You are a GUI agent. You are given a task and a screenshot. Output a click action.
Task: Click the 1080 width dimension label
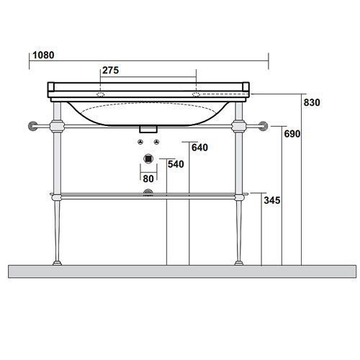pos(43,55)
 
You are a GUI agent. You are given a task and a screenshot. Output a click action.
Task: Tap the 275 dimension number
pos(111,71)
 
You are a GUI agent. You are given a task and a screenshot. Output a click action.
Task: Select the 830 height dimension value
pos(312,102)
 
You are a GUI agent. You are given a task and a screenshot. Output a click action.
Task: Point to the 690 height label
pos(292,134)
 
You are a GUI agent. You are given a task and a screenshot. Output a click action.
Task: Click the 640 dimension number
pos(199,148)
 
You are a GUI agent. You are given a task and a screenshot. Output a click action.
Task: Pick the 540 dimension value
pos(176,164)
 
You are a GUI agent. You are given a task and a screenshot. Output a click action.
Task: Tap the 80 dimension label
pos(148,179)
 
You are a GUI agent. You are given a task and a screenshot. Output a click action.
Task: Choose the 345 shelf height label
pos(272,200)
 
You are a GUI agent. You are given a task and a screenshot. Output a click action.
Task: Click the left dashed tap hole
pos(101,94)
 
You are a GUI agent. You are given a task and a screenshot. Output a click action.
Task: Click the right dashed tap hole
pos(196,94)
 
